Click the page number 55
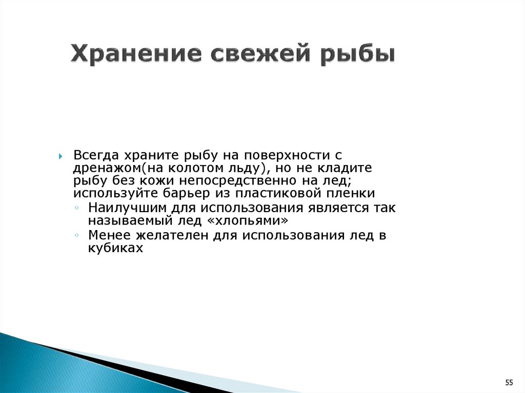point(509,383)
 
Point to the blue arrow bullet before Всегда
point(60,156)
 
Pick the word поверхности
point(286,156)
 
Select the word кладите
point(345,169)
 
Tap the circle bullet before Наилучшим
point(77,208)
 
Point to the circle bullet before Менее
point(77,235)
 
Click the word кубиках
point(115,248)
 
